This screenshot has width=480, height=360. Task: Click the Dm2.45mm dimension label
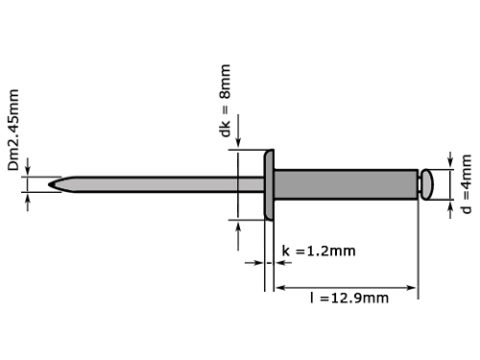[x=13, y=130]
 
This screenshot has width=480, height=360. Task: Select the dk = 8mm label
[x=226, y=101]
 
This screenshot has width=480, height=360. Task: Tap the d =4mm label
[x=467, y=184]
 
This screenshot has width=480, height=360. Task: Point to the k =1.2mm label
[x=319, y=251]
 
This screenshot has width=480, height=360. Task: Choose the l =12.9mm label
[x=349, y=298]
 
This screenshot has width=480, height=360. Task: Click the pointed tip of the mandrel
[x=49, y=184]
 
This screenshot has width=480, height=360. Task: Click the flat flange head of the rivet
[x=269, y=185]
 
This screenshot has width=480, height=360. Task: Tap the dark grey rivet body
[x=346, y=184]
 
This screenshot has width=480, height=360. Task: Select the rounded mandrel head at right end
[x=427, y=184]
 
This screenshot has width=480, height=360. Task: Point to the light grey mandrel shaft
[x=156, y=184]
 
